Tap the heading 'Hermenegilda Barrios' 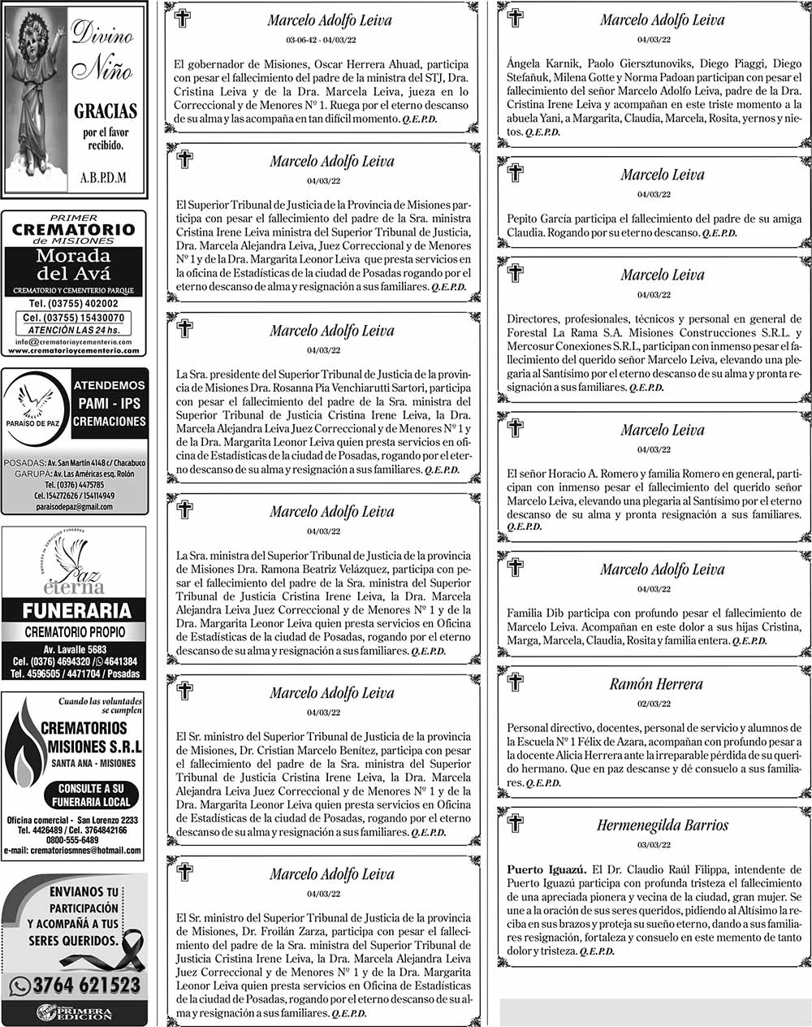(662, 825)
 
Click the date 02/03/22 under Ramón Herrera (654, 704)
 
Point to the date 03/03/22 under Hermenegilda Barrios (654, 845)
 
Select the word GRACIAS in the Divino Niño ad (106, 111)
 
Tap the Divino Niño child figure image (36, 97)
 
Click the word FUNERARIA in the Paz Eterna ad (76, 611)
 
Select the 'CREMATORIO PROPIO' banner (75, 632)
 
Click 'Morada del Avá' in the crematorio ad (74, 265)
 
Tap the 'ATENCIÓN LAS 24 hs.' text (74, 331)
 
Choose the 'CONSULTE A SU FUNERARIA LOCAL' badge (90, 795)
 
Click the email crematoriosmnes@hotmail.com (73, 851)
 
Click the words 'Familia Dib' (533, 613)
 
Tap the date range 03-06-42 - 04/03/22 (322, 40)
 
